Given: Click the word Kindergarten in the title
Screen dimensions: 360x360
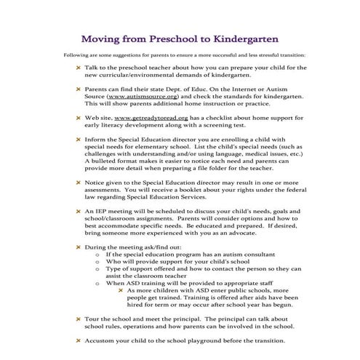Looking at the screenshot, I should coord(246,36).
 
